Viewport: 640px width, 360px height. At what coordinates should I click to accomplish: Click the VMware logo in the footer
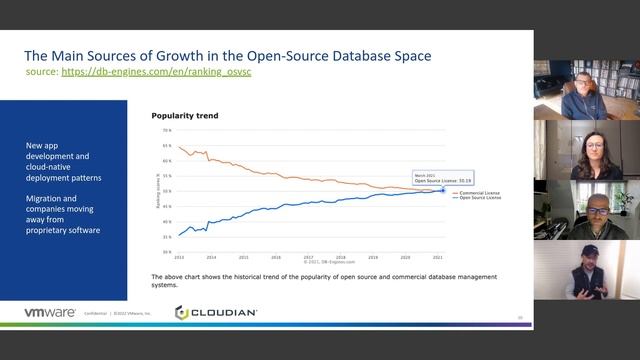50,313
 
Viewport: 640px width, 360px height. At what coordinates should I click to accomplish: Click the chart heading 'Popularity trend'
185,116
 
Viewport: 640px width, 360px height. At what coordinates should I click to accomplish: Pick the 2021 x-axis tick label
437,257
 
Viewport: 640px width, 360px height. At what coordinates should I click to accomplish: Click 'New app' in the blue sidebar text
43,146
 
